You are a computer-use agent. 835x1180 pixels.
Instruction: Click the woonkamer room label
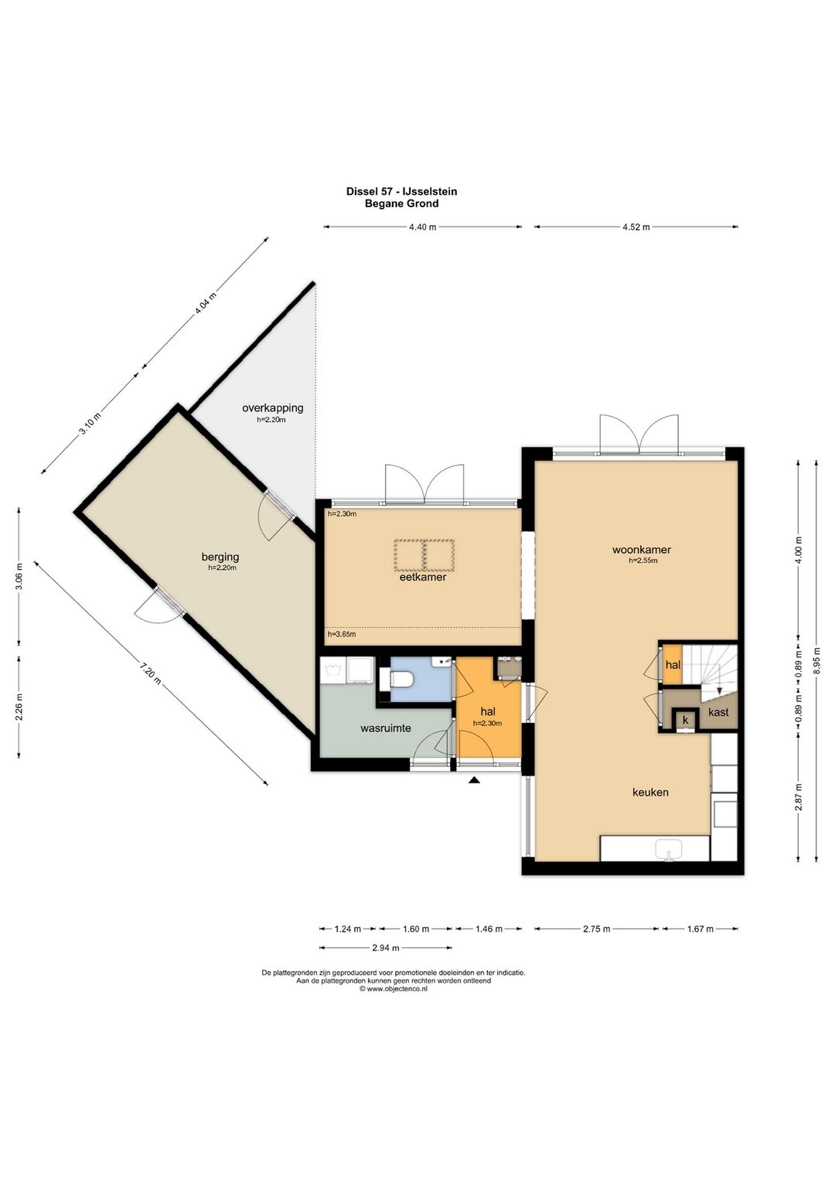point(641,550)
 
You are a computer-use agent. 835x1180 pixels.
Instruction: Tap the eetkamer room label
point(423,577)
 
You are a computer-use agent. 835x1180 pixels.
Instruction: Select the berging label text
point(220,557)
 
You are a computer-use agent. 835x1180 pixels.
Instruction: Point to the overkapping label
point(272,408)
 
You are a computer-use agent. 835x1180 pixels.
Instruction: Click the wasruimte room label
point(386,728)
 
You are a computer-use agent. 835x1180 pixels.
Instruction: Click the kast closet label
point(718,712)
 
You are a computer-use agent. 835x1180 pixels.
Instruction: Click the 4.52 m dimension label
point(636,227)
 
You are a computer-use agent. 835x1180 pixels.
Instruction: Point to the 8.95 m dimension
point(817,655)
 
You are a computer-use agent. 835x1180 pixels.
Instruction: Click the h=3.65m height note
point(342,634)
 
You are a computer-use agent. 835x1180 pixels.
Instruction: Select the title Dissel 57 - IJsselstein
point(401,192)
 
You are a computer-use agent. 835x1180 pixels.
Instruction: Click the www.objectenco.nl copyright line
point(394,989)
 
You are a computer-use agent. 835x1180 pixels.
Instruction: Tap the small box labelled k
point(685,720)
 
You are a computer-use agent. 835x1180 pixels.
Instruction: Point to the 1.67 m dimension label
point(700,929)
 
